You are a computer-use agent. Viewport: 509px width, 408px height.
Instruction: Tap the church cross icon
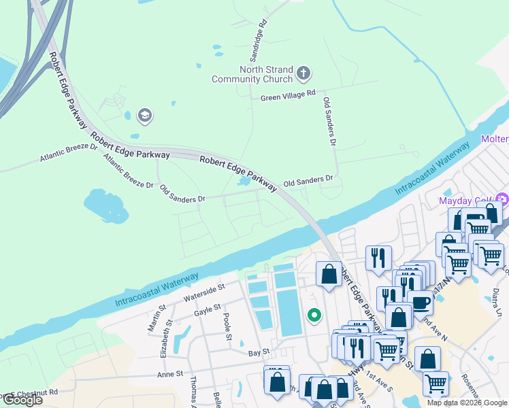[303, 71]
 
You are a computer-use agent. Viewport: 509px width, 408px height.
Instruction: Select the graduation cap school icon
[144, 116]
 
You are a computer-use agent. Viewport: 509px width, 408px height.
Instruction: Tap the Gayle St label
[208, 308]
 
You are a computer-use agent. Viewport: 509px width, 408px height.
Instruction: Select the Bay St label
[259, 352]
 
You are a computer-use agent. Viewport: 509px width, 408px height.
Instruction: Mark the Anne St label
[170, 374]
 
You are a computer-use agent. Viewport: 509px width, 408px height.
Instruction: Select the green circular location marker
[314, 315]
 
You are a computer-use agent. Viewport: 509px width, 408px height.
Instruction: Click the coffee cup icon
[420, 303]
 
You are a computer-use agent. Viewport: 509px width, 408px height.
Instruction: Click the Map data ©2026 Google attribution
[467, 403]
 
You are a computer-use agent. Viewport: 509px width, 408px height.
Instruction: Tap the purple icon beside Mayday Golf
[502, 200]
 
